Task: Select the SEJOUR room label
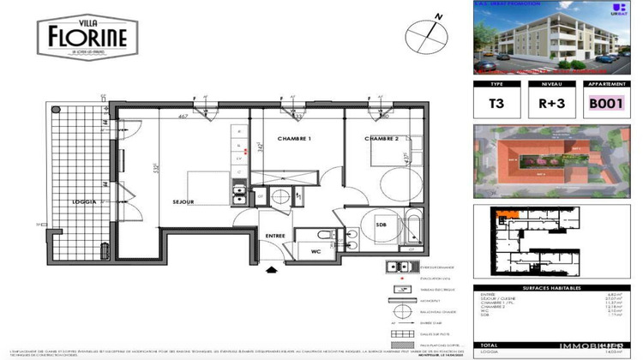click(183, 202)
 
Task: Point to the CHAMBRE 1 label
click(293, 139)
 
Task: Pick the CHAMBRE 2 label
click(382, 139)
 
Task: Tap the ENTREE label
click(275, 235)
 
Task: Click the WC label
click(315, 252)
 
